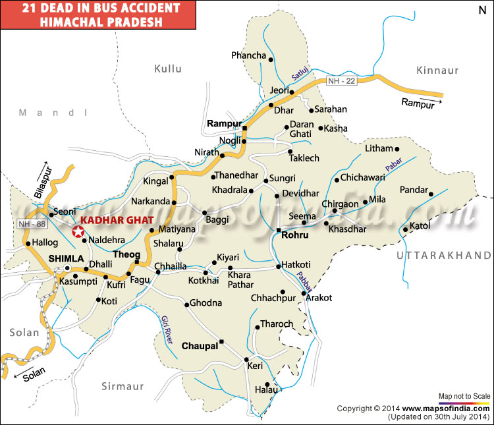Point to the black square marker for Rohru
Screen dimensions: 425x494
pos(279,231)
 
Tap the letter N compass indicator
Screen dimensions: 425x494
pos(481,11)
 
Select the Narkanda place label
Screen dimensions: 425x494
pos(150,200)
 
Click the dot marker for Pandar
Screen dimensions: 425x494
pos(430,194)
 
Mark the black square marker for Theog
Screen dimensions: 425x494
pos(137,262)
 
